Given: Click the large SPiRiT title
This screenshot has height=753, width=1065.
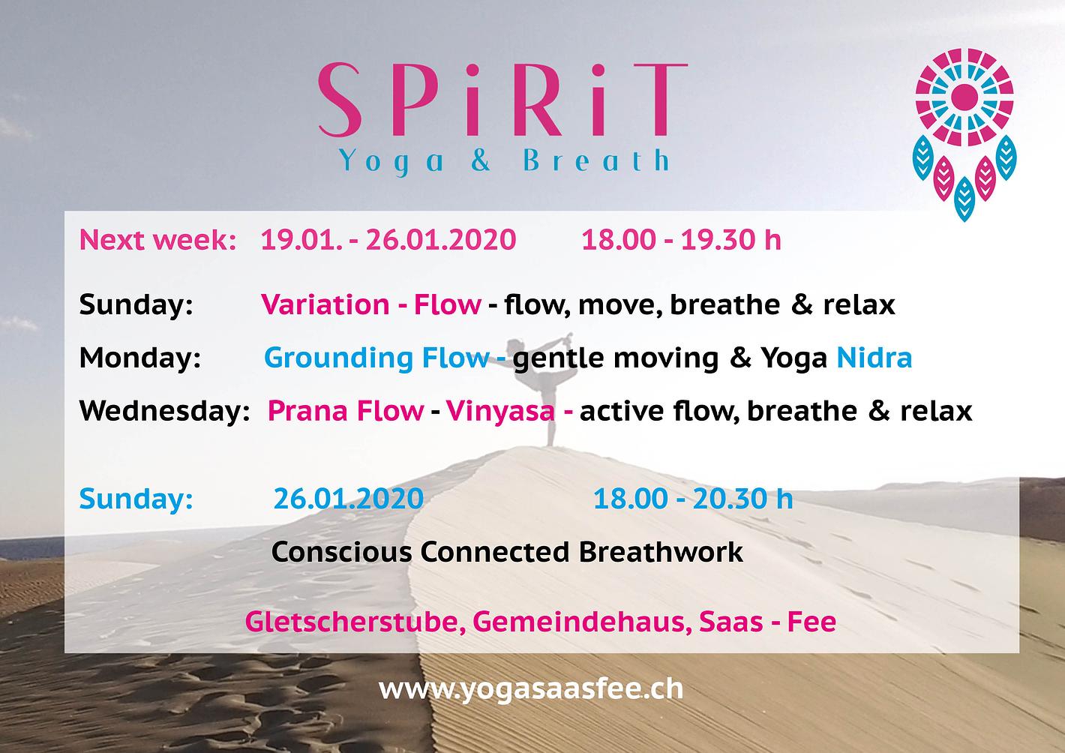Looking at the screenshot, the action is pos(503,100).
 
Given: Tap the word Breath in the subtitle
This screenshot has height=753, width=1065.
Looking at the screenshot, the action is pos(596,160).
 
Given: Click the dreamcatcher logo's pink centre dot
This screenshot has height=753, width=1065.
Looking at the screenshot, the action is pos(964,97).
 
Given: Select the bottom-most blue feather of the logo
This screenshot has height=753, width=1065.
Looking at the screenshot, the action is pos(964,199).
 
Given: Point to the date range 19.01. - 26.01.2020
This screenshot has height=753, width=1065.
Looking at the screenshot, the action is pos(388,239).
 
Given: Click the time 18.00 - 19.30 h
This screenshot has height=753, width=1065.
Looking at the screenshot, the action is pos(681,239).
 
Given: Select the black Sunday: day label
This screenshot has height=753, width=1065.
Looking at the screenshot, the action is pos(136,304).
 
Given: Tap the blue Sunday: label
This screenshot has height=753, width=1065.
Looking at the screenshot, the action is pos(136,499).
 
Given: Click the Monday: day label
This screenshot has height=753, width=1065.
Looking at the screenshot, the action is pos(139,358).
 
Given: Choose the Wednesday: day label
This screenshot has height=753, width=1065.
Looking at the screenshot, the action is pos(164,411).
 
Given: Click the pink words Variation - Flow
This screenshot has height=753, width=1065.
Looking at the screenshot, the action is pos(371,304).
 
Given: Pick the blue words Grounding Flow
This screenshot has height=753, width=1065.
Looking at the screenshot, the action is pos(376,358).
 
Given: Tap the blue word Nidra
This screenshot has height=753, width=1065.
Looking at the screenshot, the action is pos(874,358).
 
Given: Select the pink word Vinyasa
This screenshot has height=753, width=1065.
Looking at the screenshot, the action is pos(500,412).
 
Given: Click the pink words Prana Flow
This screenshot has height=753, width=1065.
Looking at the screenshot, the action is pos(346,411).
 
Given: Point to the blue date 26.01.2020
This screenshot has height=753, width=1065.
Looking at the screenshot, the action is pos(349,499).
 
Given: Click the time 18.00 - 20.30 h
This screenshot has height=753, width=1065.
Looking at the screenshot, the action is pos(693,499).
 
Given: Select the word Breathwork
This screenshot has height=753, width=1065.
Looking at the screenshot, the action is pos(661,552).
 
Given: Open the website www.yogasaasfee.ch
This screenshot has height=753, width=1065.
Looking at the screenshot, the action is pos(531,688).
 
